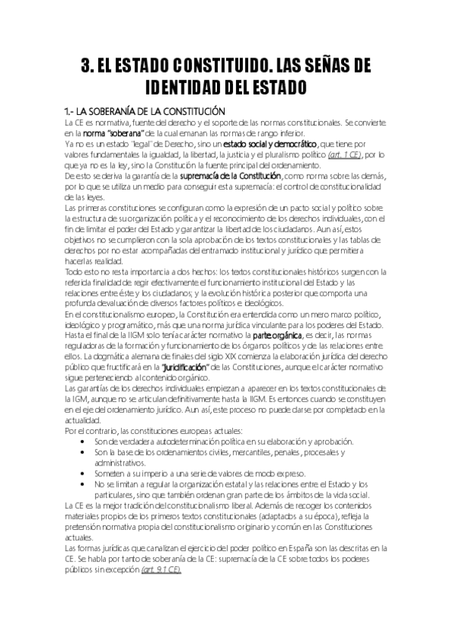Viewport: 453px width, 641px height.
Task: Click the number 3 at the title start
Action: coord(85,65)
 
